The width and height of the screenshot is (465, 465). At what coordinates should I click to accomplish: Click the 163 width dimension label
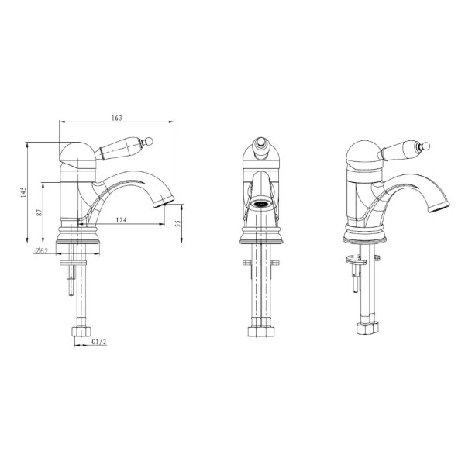[117, 118]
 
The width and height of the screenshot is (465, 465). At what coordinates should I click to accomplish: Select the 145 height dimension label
[24, 192]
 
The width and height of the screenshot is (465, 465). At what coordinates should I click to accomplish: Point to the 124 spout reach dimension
[121, 220]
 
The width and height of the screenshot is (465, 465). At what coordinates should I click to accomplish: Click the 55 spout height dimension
[178, 223]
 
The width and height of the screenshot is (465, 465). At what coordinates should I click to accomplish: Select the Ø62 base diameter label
[42, 251]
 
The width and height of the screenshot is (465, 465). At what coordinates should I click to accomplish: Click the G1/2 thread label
[99, 342]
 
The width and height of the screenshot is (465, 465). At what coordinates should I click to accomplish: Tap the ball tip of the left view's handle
[149, 141]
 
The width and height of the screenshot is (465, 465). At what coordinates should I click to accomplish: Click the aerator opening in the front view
[261, 204]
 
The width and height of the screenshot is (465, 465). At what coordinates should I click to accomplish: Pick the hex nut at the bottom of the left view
[81, 331]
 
